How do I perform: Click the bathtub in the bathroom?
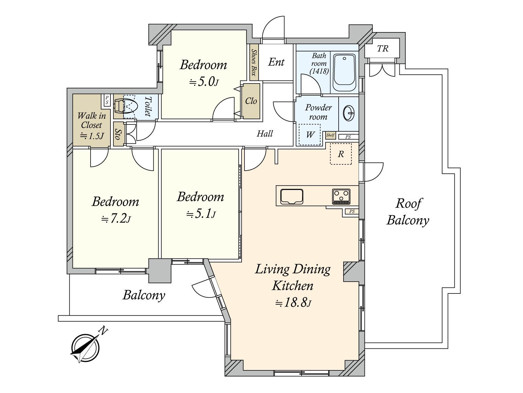tap(344, 72)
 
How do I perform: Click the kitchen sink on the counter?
tap(292, 196)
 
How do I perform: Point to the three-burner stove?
tap(341, 196)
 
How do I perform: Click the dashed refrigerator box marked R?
tap(341, 154)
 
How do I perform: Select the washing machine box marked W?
tap(310, 135)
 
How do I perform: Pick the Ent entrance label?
tap(276, 62)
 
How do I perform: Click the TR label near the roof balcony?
tap(383, 49)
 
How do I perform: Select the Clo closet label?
tap(251, 101)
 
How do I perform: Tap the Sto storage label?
tap(117, 134)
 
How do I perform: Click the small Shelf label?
tap(330, 135)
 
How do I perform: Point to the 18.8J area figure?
tap(293, 303)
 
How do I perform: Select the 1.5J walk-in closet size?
tap(92, 136)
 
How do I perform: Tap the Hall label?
tap(264, 134)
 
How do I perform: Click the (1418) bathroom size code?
tap(319, 71)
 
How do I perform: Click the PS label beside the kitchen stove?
tap(352, 212)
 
